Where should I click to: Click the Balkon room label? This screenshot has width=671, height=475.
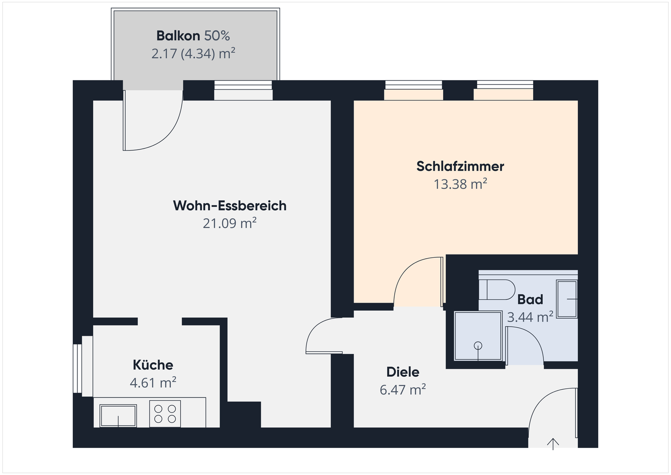178,36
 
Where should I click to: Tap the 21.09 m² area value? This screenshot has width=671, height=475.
229,223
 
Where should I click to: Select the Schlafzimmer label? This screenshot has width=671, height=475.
460,166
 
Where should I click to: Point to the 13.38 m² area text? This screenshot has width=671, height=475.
460,184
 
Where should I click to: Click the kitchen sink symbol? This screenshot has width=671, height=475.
118,415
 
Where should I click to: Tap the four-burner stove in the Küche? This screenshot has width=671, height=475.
165,413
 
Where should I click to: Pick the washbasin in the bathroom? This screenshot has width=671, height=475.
567,299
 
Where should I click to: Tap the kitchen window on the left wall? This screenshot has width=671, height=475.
78,368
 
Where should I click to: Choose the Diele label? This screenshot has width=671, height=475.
403,372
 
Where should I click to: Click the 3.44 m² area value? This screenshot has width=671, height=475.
530,317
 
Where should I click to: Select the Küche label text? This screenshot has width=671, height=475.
153,365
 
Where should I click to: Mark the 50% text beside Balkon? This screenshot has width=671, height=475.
217,36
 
